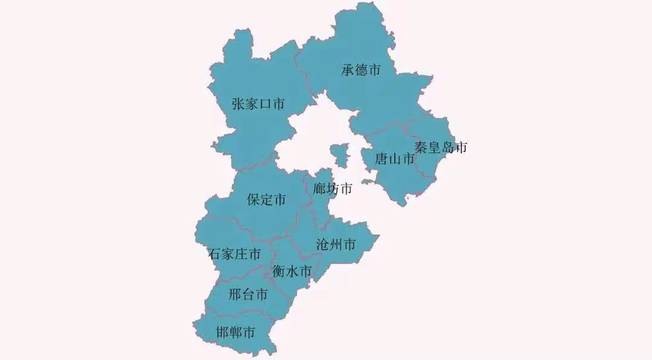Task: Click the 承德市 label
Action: [361, 70]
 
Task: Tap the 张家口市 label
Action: [258, 104]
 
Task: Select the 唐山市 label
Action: [395, 159]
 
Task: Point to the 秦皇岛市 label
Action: [441, 147]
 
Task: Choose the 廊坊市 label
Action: [333, 189]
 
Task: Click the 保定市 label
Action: [267, 200]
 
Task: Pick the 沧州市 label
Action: [336, 245]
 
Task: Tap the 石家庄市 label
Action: [234, 254]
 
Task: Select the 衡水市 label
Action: [292, 272]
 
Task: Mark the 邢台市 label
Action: [248, 295]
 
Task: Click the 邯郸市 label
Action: [235, 332]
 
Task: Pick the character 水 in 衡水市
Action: [292, 272]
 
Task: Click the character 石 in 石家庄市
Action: [214, 254]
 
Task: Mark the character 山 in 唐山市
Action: [395, 159]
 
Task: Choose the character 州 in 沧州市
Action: [336, 245]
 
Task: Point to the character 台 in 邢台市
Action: [248, 295]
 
